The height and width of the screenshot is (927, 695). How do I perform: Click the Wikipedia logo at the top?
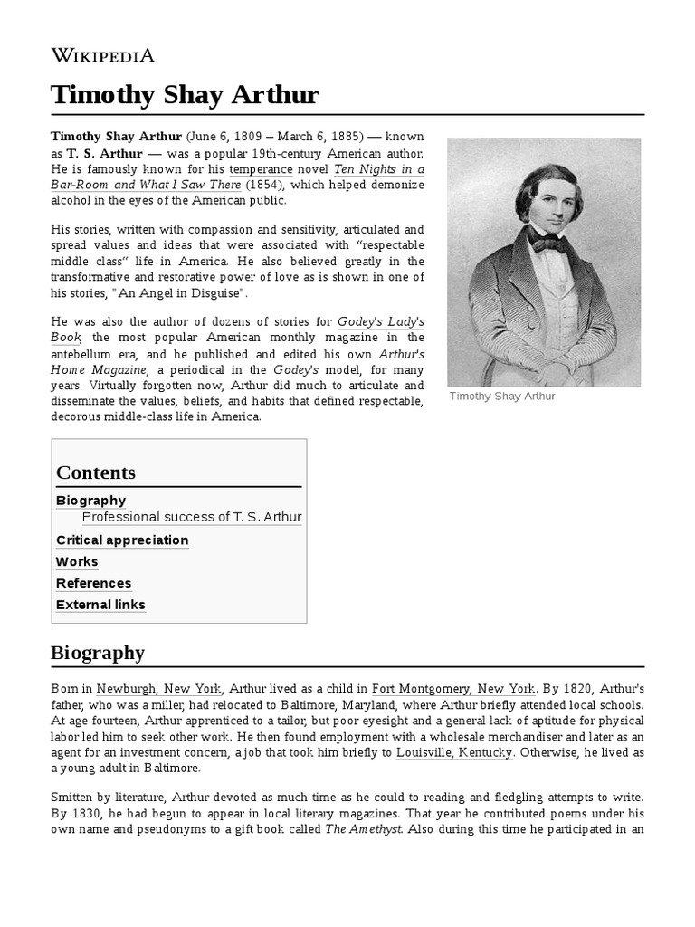point(103,55)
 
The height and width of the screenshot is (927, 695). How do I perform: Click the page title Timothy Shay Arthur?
point(185,95)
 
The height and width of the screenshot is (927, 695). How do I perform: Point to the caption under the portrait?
point(502,397)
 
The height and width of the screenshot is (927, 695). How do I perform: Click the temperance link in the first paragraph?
point(261,169)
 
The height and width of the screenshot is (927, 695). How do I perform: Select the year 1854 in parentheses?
point(265,185)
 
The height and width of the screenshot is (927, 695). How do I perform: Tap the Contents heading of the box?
point(96,473)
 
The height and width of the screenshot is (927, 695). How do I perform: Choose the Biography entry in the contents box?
point(90,501)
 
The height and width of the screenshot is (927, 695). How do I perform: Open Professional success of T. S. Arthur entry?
point(192,518)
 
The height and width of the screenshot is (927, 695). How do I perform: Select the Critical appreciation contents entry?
point(122,540)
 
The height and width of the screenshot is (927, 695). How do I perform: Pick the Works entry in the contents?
point(77,562)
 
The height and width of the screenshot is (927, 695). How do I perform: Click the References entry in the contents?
point(93,584)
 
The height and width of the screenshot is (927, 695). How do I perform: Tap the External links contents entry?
point(100,606)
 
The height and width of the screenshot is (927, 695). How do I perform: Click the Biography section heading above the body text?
point(98,653)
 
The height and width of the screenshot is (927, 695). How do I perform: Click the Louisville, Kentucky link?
point(454,752)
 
